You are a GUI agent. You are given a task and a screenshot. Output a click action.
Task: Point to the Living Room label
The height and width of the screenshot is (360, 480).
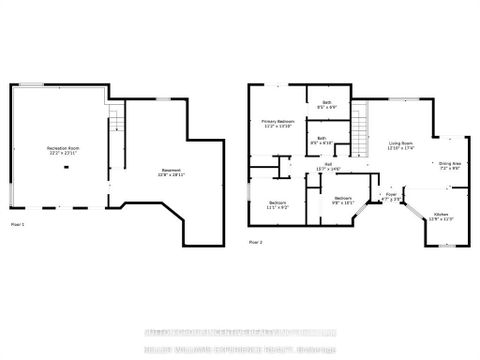click(403, 145)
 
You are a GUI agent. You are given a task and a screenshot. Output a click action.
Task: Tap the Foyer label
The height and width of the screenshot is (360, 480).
click(391, 194)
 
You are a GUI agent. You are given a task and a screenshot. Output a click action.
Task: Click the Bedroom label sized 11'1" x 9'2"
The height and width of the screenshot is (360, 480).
click(277, 204)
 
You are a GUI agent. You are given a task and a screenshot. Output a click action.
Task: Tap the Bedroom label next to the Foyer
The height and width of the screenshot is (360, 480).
click(343, 198)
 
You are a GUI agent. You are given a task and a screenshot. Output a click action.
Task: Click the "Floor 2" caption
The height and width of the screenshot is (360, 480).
click(256, 243)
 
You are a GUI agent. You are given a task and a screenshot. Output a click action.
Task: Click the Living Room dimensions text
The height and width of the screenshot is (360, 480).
click(403, 150)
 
